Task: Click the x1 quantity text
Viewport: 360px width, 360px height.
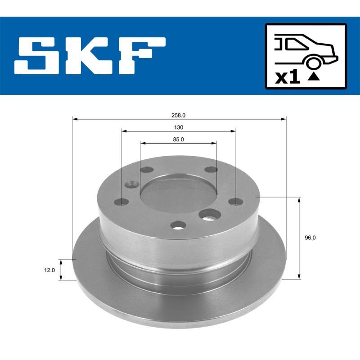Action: tap(287, 77)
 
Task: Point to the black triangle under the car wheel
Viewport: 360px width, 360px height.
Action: tap(314, 76)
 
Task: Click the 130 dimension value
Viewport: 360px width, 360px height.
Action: tap(179, 127)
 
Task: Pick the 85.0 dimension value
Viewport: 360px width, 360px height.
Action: tap(179, 139)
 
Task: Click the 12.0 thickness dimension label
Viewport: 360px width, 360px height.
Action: tap(50, 270)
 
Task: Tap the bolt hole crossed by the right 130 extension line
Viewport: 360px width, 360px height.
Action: tap(235, 202)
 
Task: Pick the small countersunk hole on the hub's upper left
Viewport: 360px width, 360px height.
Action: tap(131, 184)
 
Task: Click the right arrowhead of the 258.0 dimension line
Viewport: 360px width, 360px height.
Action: tap(283, 119)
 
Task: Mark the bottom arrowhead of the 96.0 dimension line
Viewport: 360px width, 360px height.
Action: tap(299, 276)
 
